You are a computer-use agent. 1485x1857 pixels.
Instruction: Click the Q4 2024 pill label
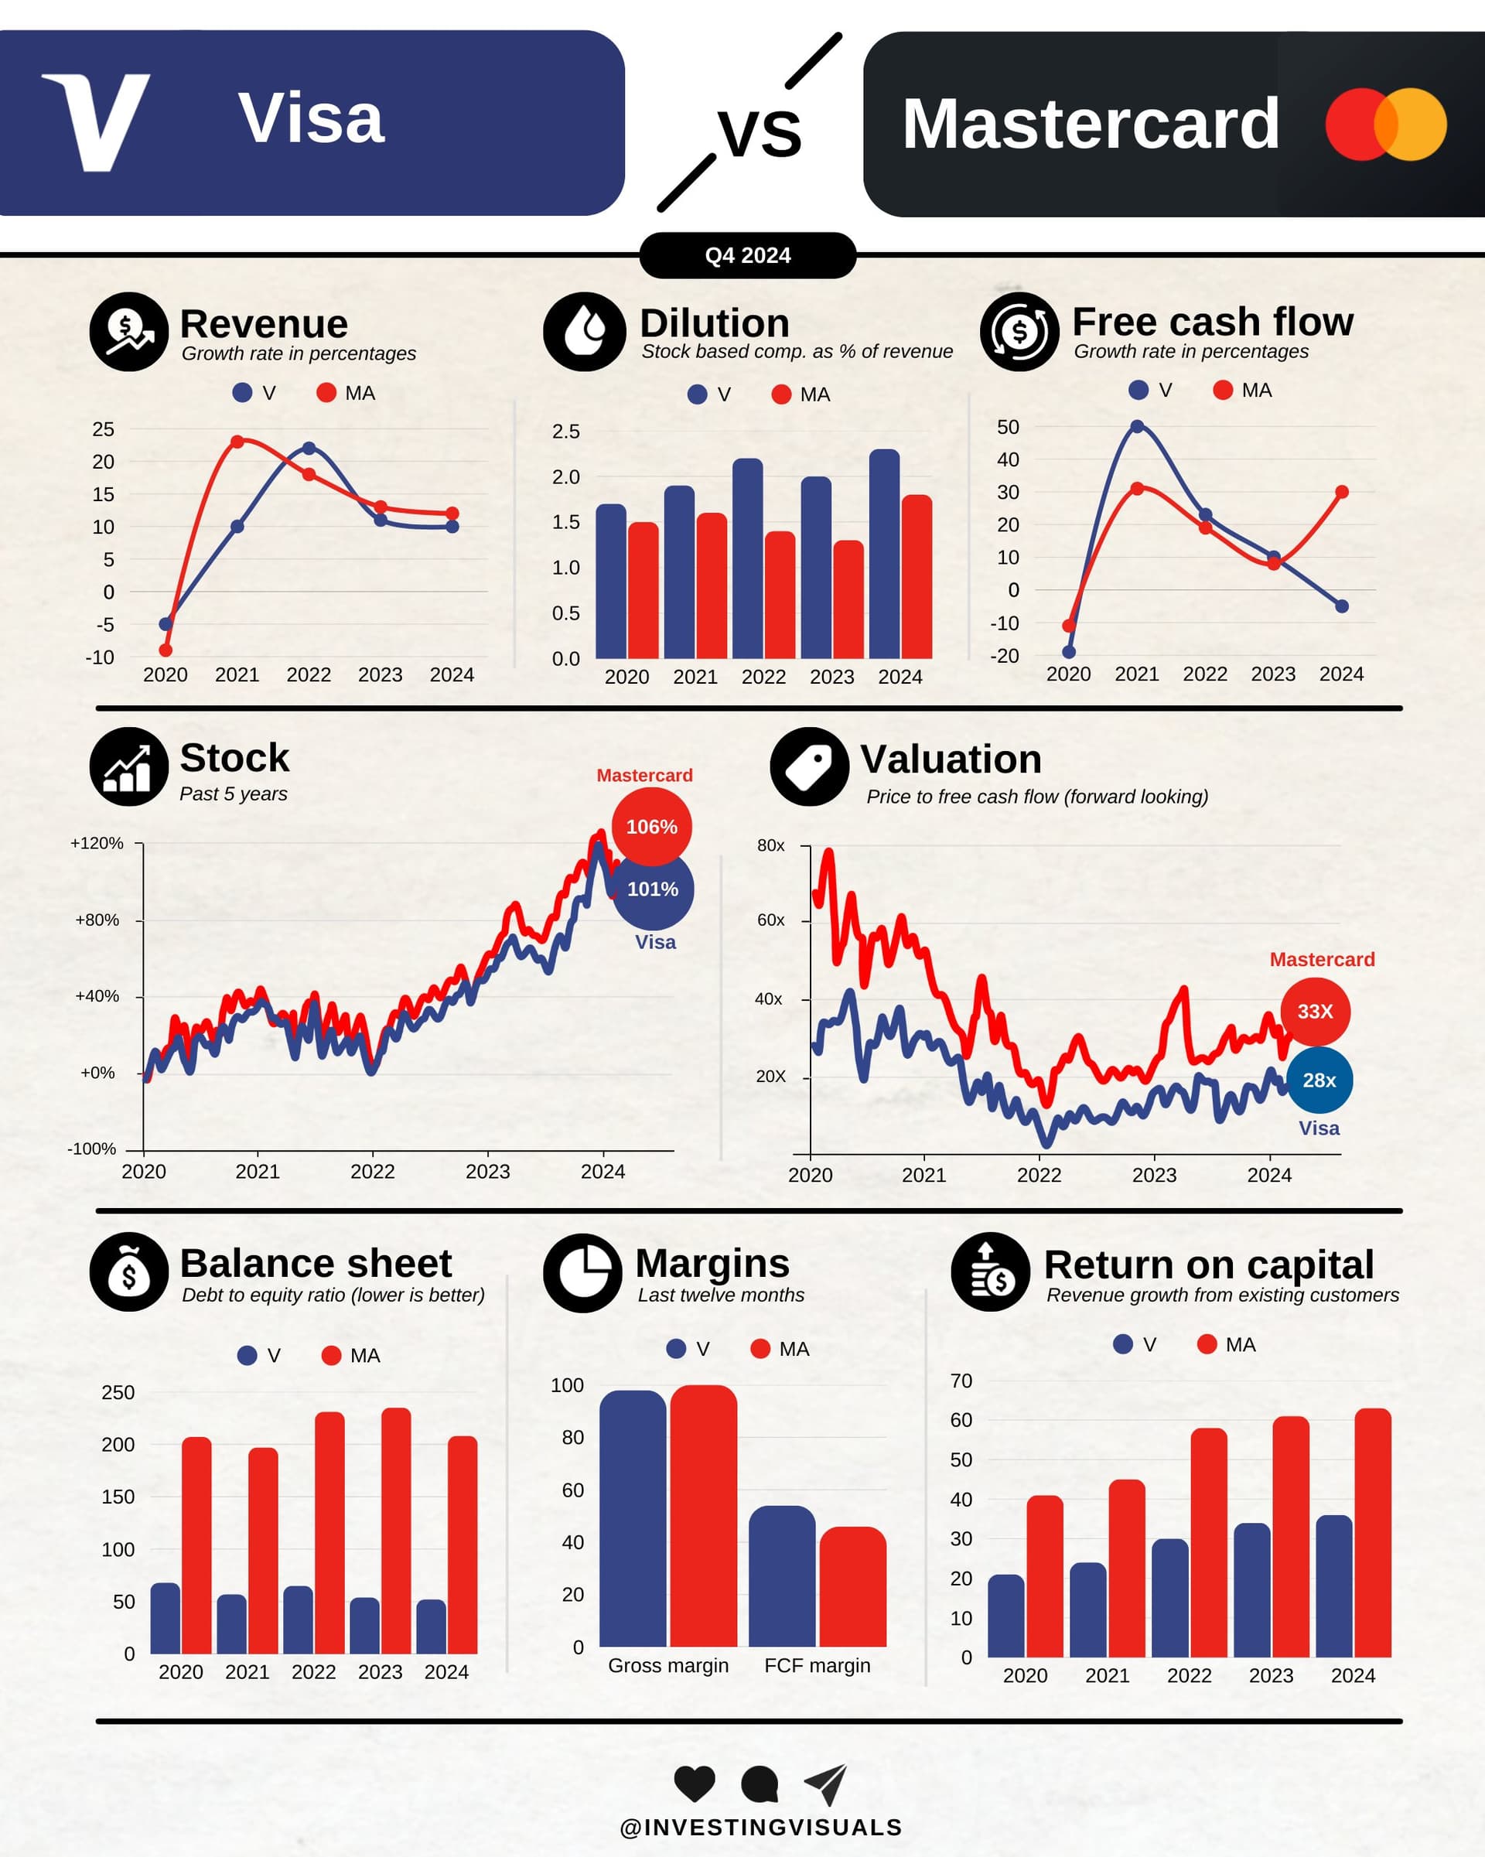click(747, 256)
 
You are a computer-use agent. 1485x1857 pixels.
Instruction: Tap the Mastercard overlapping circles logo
click(1385, 124)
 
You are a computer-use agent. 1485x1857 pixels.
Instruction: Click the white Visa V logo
click(97, 121)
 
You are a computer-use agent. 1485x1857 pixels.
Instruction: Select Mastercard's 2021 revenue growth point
click(237, 442)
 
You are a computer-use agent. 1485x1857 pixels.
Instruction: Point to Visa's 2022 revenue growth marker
click(309, 448)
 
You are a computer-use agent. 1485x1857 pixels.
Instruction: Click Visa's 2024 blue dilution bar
click(884, 555)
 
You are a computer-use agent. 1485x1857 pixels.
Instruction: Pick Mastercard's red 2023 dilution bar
click(848, 600)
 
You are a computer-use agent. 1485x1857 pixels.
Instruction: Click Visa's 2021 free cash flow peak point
click(1137, 426)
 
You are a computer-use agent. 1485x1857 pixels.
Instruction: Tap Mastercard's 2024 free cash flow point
click(1342, 492)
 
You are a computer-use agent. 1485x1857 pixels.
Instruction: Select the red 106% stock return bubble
click(651, 827)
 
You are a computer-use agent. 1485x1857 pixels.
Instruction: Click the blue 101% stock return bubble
click(653, 889)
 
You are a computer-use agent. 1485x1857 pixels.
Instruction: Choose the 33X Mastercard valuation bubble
click(1314, 1011)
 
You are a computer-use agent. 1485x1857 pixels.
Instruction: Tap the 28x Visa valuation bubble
click(1319, 1080)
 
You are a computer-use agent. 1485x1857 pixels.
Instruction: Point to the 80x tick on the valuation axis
click(771, 846)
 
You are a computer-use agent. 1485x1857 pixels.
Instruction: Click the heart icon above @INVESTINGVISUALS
click(695, 1783)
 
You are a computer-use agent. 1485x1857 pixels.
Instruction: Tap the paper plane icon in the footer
click(825, 1784)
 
